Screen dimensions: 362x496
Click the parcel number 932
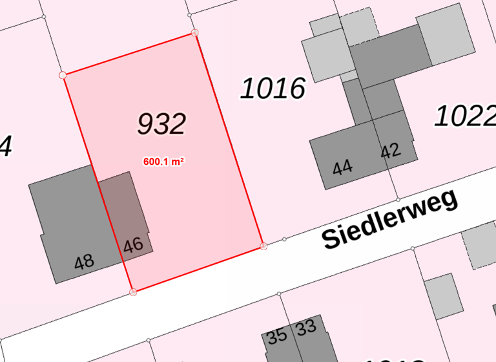161,123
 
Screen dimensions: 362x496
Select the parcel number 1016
273,88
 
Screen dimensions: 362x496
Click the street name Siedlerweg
390,220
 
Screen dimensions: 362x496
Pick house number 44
342,168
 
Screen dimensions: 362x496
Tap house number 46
133,245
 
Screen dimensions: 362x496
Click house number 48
84,262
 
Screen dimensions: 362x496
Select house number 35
277,336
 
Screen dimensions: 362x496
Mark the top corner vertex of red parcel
195,32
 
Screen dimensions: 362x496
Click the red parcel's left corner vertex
63,75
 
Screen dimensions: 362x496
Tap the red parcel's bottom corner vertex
133,292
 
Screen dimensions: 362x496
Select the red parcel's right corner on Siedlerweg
263,246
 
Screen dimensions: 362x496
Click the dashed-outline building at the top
360,26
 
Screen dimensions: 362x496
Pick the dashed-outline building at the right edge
481,246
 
